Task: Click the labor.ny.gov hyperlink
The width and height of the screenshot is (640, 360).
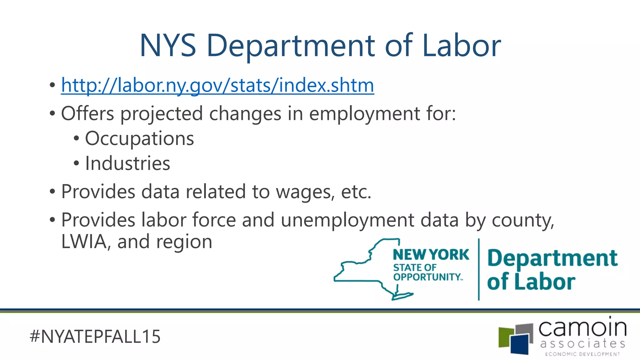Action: click(217, 85)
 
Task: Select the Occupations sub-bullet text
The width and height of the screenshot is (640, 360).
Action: click(139, 138)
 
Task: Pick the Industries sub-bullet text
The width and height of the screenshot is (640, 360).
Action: click(127, 163)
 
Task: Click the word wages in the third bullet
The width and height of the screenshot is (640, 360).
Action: click(305, 192)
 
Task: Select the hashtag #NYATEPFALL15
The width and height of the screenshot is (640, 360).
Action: click(95, 337)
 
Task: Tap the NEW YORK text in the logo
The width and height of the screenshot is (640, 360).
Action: click(431, 255)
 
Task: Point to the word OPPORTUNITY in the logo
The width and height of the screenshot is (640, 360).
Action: click(427, 277)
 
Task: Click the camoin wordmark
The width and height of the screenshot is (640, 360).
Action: click(582, 328)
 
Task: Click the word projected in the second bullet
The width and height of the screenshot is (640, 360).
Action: click(162, 114)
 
